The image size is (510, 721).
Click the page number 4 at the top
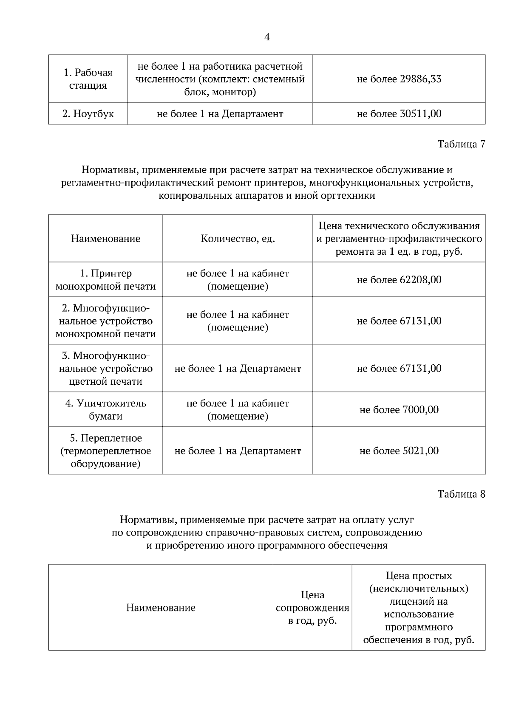coord(267,37)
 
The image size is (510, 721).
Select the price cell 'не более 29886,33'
coord(399,79)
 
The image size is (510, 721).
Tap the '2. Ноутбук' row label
coord(88,114)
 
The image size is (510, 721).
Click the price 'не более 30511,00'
coord(399,114)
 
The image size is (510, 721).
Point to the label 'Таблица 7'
coord(461,144)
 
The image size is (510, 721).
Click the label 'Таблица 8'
coord(461,494)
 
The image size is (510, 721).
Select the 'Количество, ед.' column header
coord(238,239)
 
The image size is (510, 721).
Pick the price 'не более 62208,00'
coord(399,280)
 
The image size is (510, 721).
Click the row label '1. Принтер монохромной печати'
coord(105,280)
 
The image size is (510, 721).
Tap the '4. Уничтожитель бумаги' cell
coord(105,409)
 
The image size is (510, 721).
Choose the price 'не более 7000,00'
coord(399,410)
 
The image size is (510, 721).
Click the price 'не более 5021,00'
coord(399,451)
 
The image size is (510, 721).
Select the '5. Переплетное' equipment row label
coord(105,451)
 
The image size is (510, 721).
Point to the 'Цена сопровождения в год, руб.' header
coord(312,608)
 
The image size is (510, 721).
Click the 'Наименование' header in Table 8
coord(161,608)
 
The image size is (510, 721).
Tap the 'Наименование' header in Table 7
coord(105,239)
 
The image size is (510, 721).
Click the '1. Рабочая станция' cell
coord(88,79)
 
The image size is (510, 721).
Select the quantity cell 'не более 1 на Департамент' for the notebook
coord(220,114)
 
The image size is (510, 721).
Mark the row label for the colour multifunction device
coord(105,368)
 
